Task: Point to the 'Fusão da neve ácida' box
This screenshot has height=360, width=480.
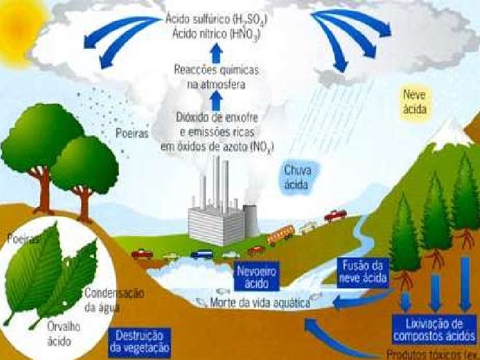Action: click(x=365, y=271)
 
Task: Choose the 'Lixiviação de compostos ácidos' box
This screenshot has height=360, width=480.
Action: click(x=434, y=330)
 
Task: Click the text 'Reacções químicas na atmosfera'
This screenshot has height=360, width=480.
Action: click(x=216, y=77)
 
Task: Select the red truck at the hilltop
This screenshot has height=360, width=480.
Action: click(x=335, y=215)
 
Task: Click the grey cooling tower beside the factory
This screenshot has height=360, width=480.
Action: click(x=251, y=221)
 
